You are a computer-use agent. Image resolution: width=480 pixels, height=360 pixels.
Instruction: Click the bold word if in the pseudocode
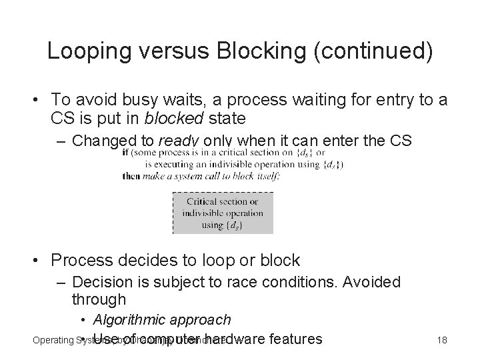tap(127, 153)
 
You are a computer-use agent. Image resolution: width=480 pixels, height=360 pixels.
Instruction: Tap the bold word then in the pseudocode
tap(131, 176)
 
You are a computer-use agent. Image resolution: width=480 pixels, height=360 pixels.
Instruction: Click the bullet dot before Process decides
tap(41, 260)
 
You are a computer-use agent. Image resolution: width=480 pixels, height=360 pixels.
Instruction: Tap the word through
tap(99, 300)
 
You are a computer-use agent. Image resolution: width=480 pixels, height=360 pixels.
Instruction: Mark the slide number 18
tap(441, 341)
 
